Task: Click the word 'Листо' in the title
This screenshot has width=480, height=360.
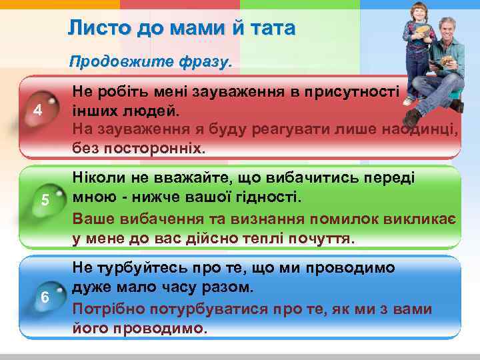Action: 93,29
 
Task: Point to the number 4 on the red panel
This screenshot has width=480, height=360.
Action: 38,111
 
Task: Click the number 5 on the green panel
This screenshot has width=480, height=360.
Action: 45,199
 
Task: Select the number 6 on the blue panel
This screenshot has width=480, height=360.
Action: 45,297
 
